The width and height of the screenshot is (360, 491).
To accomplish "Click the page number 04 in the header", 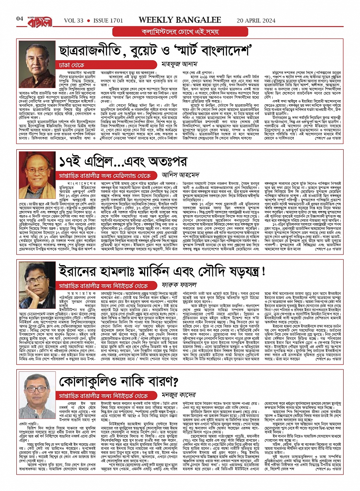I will pos(20,19).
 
